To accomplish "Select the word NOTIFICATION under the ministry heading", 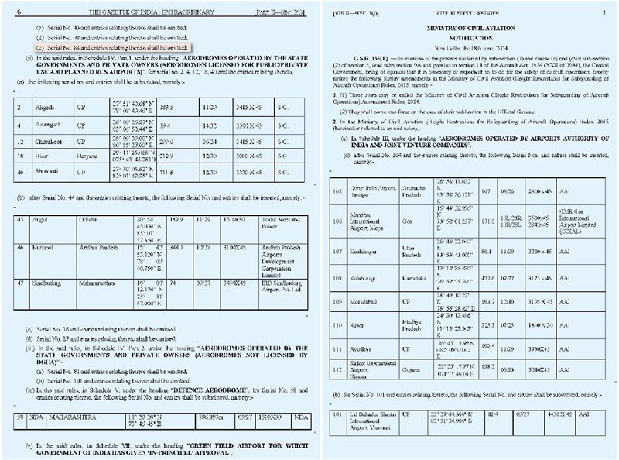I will pyautogui.click(x=463, y=38).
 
